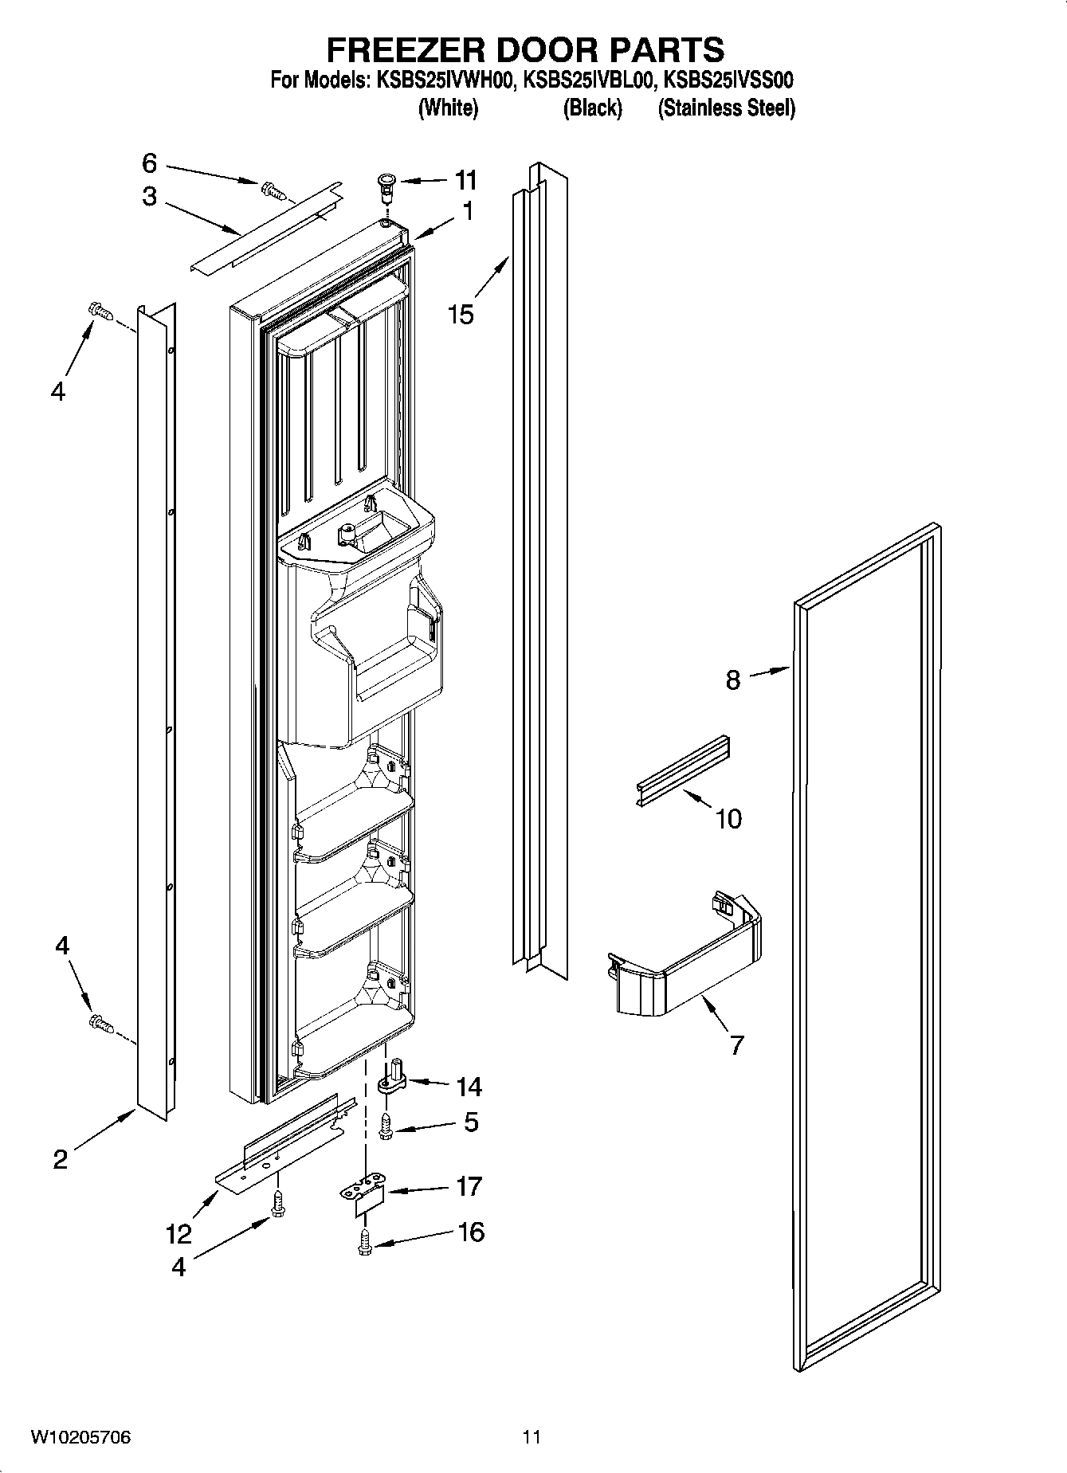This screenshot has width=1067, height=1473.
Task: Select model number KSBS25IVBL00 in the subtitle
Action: pos(589,80)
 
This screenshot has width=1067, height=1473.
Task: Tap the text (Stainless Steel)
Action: pos(726,108)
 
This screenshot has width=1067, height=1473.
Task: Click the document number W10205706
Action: pos(80,1437)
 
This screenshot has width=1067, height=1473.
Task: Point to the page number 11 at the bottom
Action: pos(532,1437)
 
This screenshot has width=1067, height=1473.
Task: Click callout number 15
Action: pos(461,314)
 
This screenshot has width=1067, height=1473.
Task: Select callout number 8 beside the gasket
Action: pos(732,680)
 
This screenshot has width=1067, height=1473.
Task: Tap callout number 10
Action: pos(728,818)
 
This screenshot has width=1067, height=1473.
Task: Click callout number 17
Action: pos(469,1186)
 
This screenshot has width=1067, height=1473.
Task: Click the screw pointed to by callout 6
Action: pos(271,189)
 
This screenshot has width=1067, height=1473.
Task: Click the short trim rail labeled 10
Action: pos(683,770)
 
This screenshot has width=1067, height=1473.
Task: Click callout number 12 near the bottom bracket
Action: pos(178,1234)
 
